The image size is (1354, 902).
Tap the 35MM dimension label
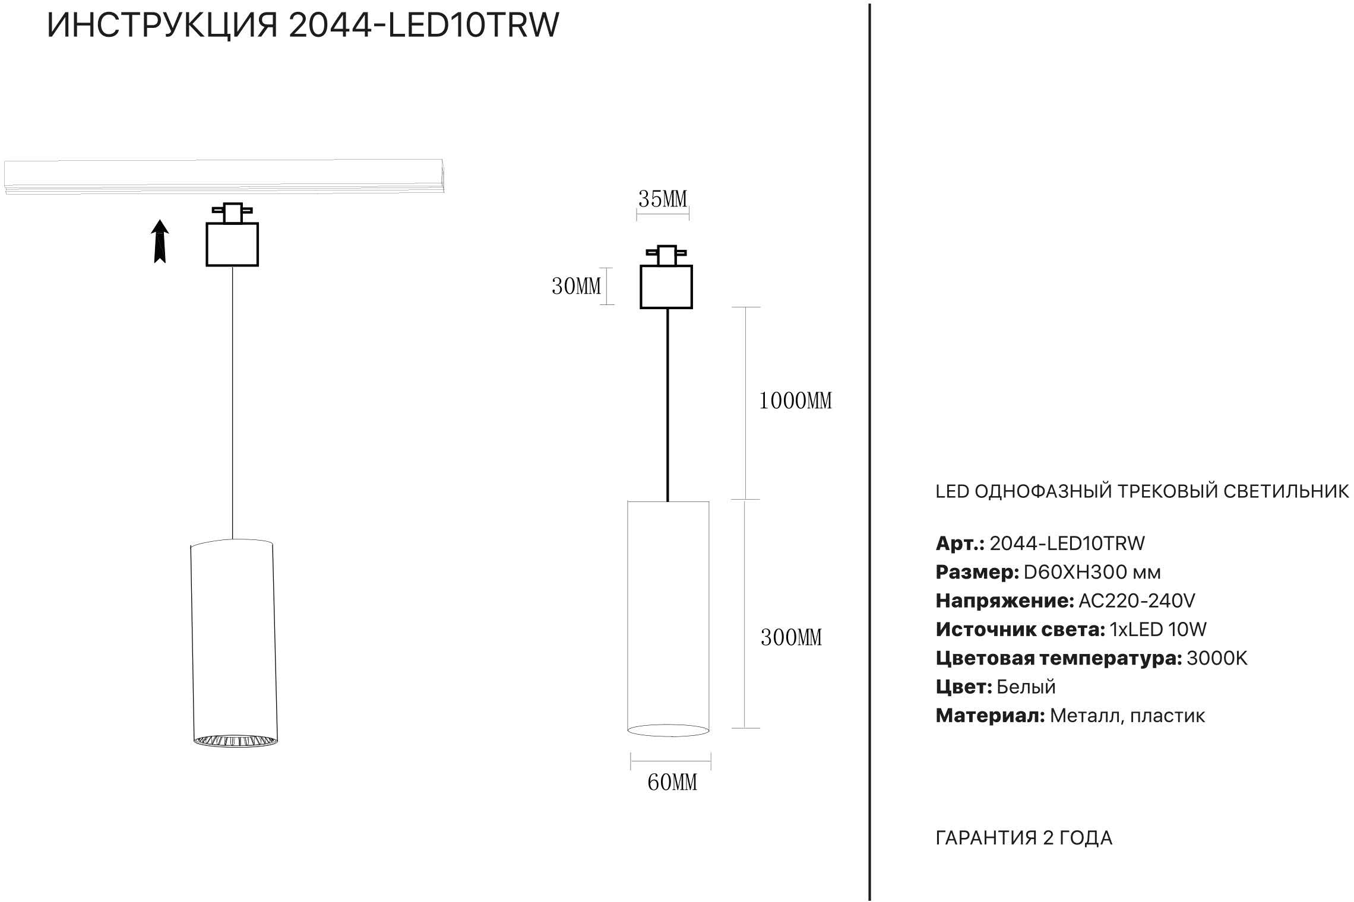[x=663, y=199]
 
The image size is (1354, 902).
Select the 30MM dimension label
[x=576, y=287]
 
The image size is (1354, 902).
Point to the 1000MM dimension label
[x=796, y=401]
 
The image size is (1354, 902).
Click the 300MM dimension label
[x=791, y=637]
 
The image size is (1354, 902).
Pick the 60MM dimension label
[x=672, y=782]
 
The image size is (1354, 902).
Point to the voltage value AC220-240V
[x=1137, y=601]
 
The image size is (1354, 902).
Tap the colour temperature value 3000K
[x=1217, y=658]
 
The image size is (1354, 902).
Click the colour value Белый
[x=1026, y=687]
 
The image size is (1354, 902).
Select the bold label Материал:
[x=990, y=716]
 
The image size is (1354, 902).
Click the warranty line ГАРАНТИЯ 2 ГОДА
[x=1024, y=838]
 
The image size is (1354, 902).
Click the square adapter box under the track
[x=232, y=244]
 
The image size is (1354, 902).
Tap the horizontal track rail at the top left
[x=223, y=176]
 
